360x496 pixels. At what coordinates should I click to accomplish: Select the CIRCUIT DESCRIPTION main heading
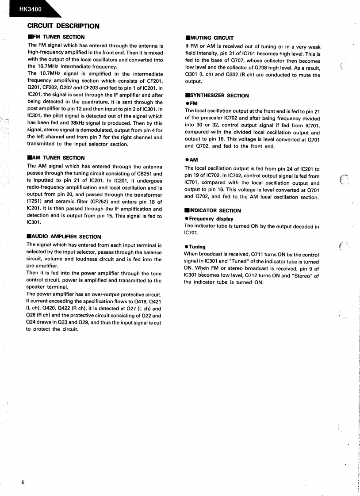coord(63,26)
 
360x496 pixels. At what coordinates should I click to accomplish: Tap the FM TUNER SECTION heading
coord(58,37)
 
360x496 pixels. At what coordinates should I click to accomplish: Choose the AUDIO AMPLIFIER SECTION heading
coord(66,237)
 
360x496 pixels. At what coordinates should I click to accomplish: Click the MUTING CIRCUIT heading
coord(211,38)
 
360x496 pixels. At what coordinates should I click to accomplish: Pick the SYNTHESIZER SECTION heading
coord(219,95)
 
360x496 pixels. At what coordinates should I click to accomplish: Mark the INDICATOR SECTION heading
coord(215,210)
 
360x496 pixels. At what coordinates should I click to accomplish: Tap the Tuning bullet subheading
coord(197,247)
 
